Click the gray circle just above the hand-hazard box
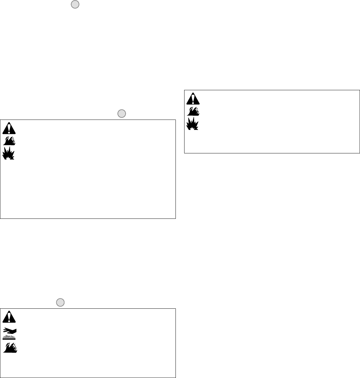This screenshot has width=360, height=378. pyautogui.click(x=60, y=302)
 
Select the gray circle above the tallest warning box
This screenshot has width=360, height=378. pyautogui.click(x=121, y=113)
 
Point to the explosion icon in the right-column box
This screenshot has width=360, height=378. pyautogui.click(x=193, y=123)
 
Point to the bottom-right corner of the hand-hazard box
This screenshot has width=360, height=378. pyautogui.click(x=175, y=377)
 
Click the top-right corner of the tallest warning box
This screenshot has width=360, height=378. pyautogui.click(x=175, y=120)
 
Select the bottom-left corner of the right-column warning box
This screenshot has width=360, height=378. pyautogui.click(x=184, y=153)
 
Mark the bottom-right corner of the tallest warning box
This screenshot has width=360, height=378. pyautogui.click(x=175, y=218)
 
